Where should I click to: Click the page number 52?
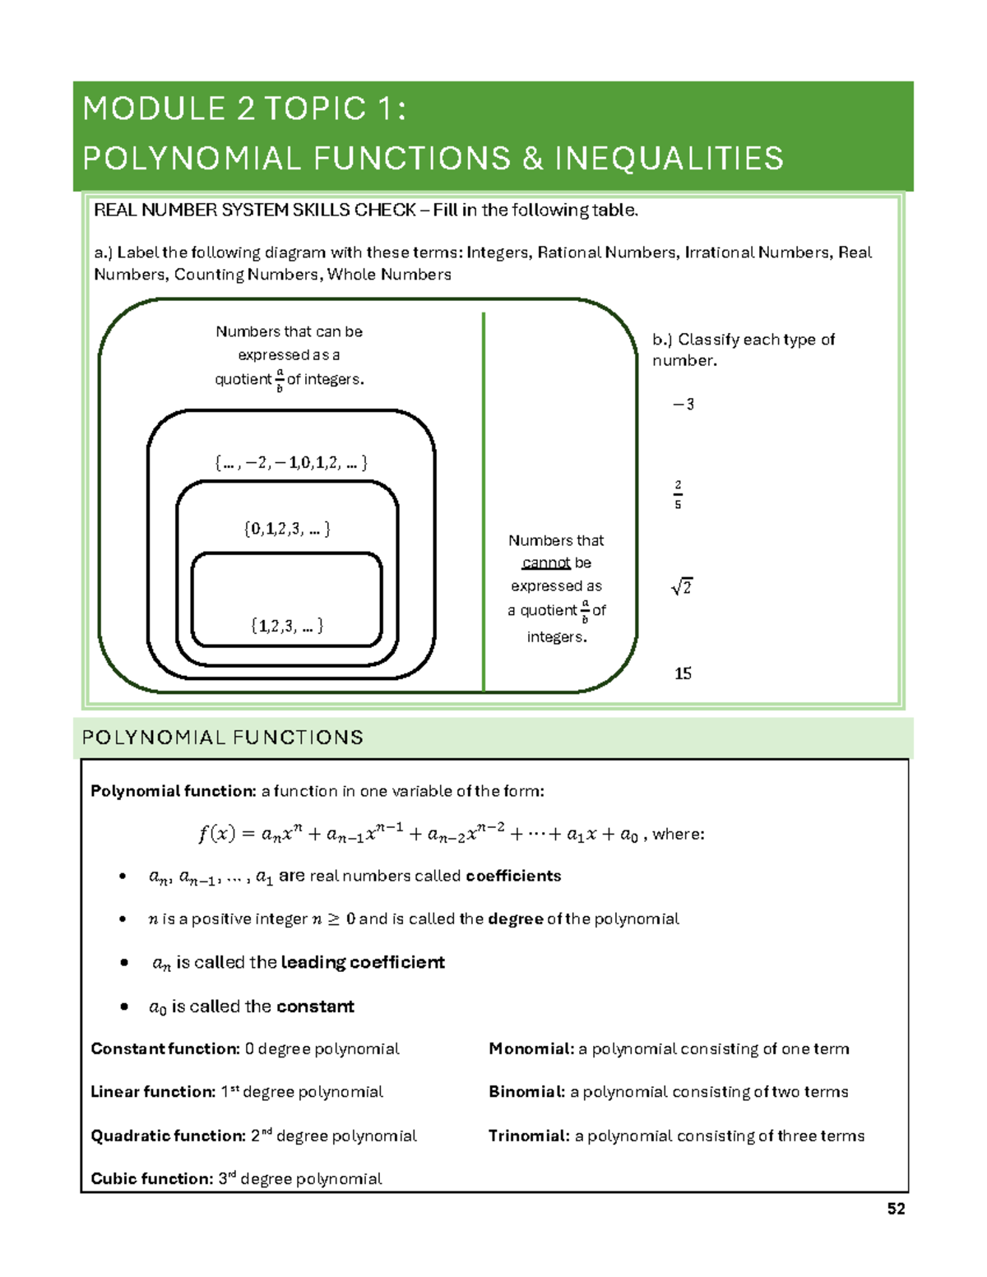(x=896, y=1209)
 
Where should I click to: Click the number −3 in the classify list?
(x=683, y=405)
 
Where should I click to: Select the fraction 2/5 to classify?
(x=678, y=495)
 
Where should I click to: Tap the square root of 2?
(x=682, y=586)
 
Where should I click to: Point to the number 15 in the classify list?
(x=683, y=673)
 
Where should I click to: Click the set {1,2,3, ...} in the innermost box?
(x=287, y=626)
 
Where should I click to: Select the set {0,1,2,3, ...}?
(x=287, y=529)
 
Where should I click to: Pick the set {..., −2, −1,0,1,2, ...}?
(x=291, y=462)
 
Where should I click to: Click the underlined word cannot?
(x=546, y=563)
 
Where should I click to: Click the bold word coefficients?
(x=513, y=876)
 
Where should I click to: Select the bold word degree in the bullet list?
(x=515, y=919)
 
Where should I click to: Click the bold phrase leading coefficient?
(x=363, y=963)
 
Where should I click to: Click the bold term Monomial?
(x=531, y=1049)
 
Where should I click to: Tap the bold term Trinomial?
(x=529, y=1136)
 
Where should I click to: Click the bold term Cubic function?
(x=152, y=1179)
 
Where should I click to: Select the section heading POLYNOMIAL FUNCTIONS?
(x=223, y=738)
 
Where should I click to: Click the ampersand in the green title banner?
(x=533, y=159)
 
